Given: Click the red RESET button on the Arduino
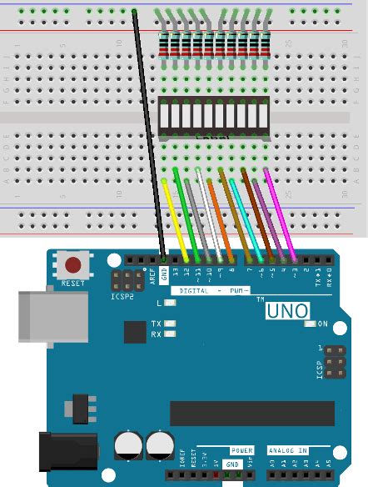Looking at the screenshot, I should tap(74, 266).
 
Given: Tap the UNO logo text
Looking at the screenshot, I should tap(287, 312).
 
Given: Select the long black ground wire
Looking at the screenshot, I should tap(149, 133).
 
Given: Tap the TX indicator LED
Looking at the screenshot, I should tap(171, 323).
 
